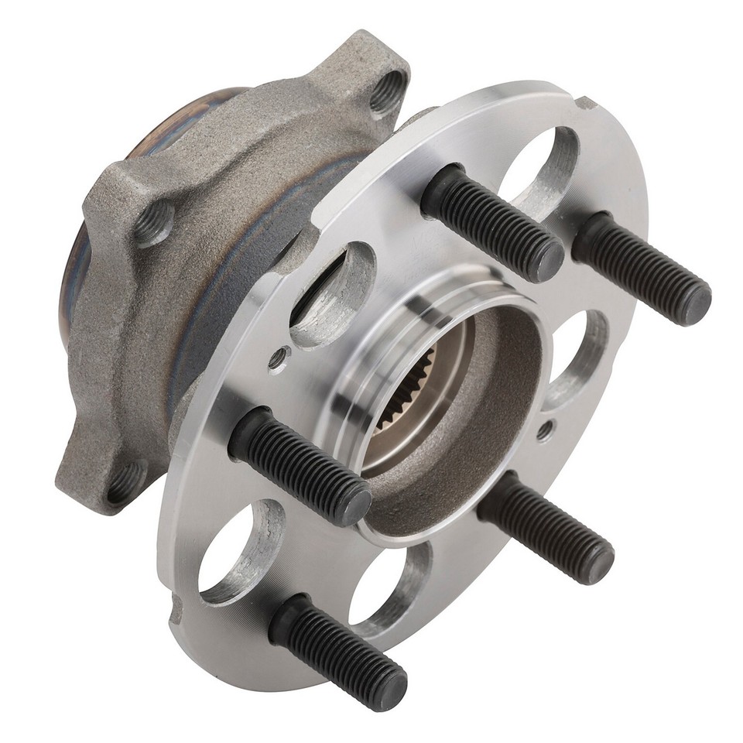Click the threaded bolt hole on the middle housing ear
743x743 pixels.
[x=155, y=221]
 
